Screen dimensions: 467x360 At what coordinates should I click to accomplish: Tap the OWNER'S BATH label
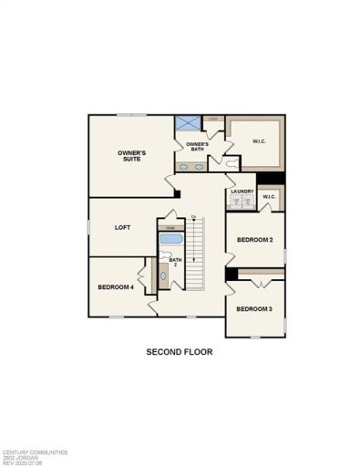[x=197, y=147]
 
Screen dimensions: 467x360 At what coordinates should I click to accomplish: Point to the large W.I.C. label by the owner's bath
[x=258, y=140]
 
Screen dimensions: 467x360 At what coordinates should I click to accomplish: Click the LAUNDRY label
[x=242, y=192]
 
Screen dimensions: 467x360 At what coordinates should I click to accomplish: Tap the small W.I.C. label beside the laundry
[x=270, y=197]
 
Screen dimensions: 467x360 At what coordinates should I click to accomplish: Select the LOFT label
[x=124, y=228]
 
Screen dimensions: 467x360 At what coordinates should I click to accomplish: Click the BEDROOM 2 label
[x=255, y=240]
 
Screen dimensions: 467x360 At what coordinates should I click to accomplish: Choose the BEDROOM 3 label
[x=254, y=309]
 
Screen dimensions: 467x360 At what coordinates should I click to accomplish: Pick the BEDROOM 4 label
[x=116, y=287]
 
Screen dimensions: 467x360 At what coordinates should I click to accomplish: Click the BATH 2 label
[x=176, y=263]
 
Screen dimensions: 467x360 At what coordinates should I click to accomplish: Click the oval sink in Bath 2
[x=164, y=276]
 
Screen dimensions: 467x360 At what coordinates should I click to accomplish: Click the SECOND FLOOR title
[x=180, y=351]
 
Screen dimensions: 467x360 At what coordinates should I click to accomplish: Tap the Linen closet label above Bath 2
[x=170, y=227]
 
